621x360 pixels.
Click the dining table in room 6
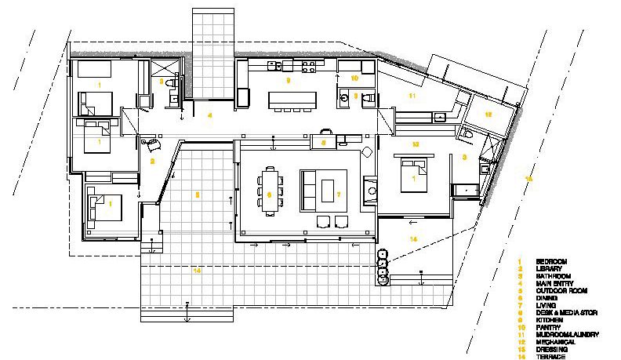point(271,191)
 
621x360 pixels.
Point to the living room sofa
point(307,191)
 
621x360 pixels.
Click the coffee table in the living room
point(326,191)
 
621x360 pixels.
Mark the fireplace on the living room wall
point(369,188)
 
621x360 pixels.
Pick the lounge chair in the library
point(149,142)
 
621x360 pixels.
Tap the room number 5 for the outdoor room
point(198,193)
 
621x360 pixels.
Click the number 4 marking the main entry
point(209,115)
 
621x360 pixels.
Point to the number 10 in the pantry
point(354,78)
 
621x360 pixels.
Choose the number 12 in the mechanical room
point(488,115)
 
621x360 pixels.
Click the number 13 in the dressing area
point(415,144)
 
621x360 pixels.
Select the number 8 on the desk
point(323,142)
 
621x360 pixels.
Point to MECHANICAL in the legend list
point(554,341)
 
